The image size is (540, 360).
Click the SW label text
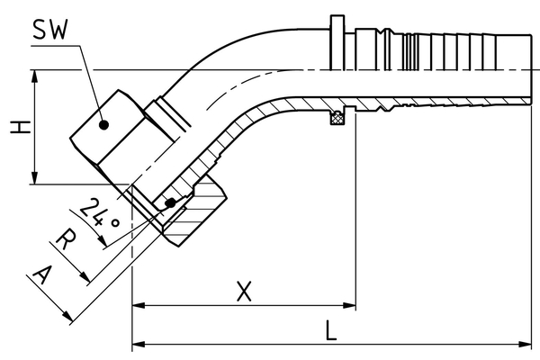(x=50, y=30)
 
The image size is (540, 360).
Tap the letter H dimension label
(x=20, y=127)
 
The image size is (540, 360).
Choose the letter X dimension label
(x=244, y=292)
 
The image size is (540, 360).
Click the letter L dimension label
(x=330, y=330)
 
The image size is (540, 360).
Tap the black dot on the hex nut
(x=104, y=125)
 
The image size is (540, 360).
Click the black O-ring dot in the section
(x=170, y=203)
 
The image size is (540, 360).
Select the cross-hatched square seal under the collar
(x=337, y=118)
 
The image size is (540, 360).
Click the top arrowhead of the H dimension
(x=34, y=76)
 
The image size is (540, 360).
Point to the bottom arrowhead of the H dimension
(x=34, y=178)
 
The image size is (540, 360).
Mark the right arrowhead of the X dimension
(x=349, y=306)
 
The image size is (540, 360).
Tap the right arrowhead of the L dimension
(x=525, y=344)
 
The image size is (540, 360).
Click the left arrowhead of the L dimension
(x=139, y=344)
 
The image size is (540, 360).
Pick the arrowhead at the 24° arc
(x=103, y=241)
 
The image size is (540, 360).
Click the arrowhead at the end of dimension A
(x=67, y=316)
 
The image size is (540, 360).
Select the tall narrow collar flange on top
(x=337, y=42)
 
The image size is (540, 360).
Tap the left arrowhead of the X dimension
(x=139, y=306)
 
